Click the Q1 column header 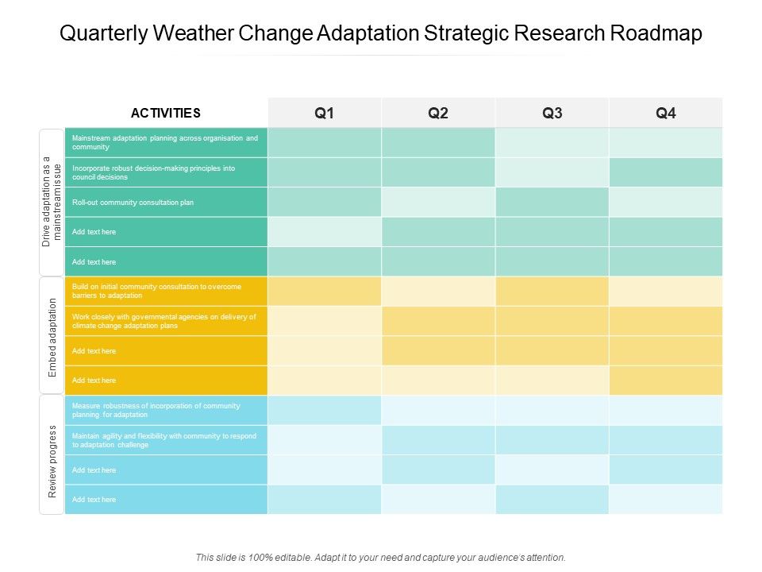pyautogui.click(x=324, y=113)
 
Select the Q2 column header pyautogui.click(x=438, y=113)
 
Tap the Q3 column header pyautogui.click(x=552, y=113)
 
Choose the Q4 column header pyautogui.click(x=666, y=113)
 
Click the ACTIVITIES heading pyautogui.click(x=166, y=113)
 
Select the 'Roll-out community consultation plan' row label pyautogui.click(x=133, y=203)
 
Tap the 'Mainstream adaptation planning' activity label pyautogui.click(x=164, y=142)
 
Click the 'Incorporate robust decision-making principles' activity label pyautogui.click(x=153, y=172)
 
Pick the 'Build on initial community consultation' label pyautogui.click(x=156, y=291)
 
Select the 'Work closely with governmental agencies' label pyautogui.click(x=164, y=321)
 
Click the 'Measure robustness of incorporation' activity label pyautogui.click(x=156, y=410)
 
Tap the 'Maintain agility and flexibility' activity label pyautogui.click(x=163, y=440)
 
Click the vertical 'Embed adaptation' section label pyautogui.click(x=52, y=336)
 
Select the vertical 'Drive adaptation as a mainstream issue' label pyautogui.click(x=52, y=202)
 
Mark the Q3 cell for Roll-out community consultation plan pyautogui.click(x=552, y=203)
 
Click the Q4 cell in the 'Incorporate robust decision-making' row pyautogui.click(x=666, y=172)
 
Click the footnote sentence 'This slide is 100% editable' pyautogui.click(x=380, y=558)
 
